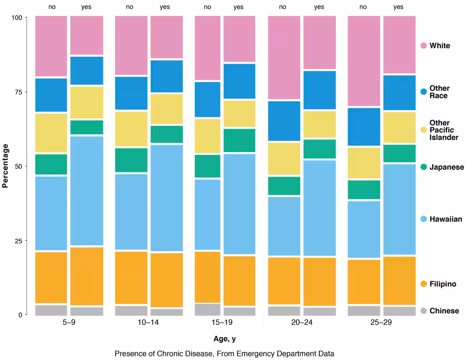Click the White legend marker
click(424, 46)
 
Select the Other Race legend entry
click(439, 92)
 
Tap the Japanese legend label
click(446, 167)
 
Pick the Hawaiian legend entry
click(445, 219)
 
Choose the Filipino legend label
click(443, 284)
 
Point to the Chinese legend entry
click(444, 311)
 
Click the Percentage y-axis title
click(6, 166)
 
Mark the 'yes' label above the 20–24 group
click(319, 7)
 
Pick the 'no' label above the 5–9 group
click(52, 7)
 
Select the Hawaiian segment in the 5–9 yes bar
click(87, 190)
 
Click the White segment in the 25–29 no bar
click(364, 62)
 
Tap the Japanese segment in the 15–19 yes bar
click(239, 140)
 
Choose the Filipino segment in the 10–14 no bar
click(131, 278)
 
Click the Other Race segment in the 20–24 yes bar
click(319, 90)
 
